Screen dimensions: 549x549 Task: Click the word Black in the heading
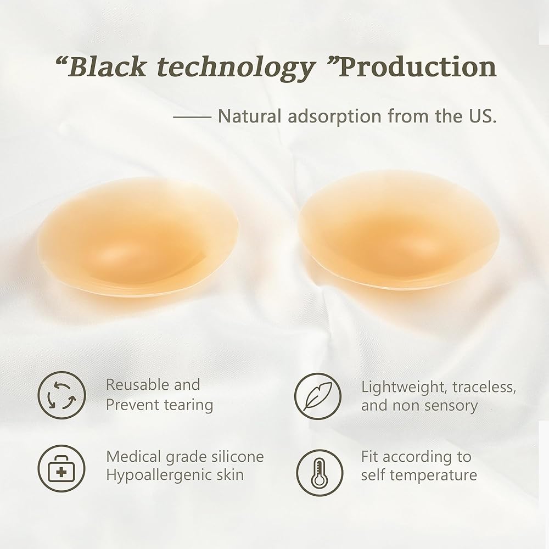[107, 66]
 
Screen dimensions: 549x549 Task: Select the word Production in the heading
[418, 66]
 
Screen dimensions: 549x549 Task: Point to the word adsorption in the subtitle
[334, 117]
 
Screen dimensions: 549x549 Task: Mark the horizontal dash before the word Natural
[192, 117]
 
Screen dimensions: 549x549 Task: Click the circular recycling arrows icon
[61, 395]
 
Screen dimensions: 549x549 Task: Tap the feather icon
[317, 396]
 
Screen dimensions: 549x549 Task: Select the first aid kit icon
[61, 468]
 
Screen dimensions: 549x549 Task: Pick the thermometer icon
[320, 473]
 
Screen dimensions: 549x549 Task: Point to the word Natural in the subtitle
[250, 116]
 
